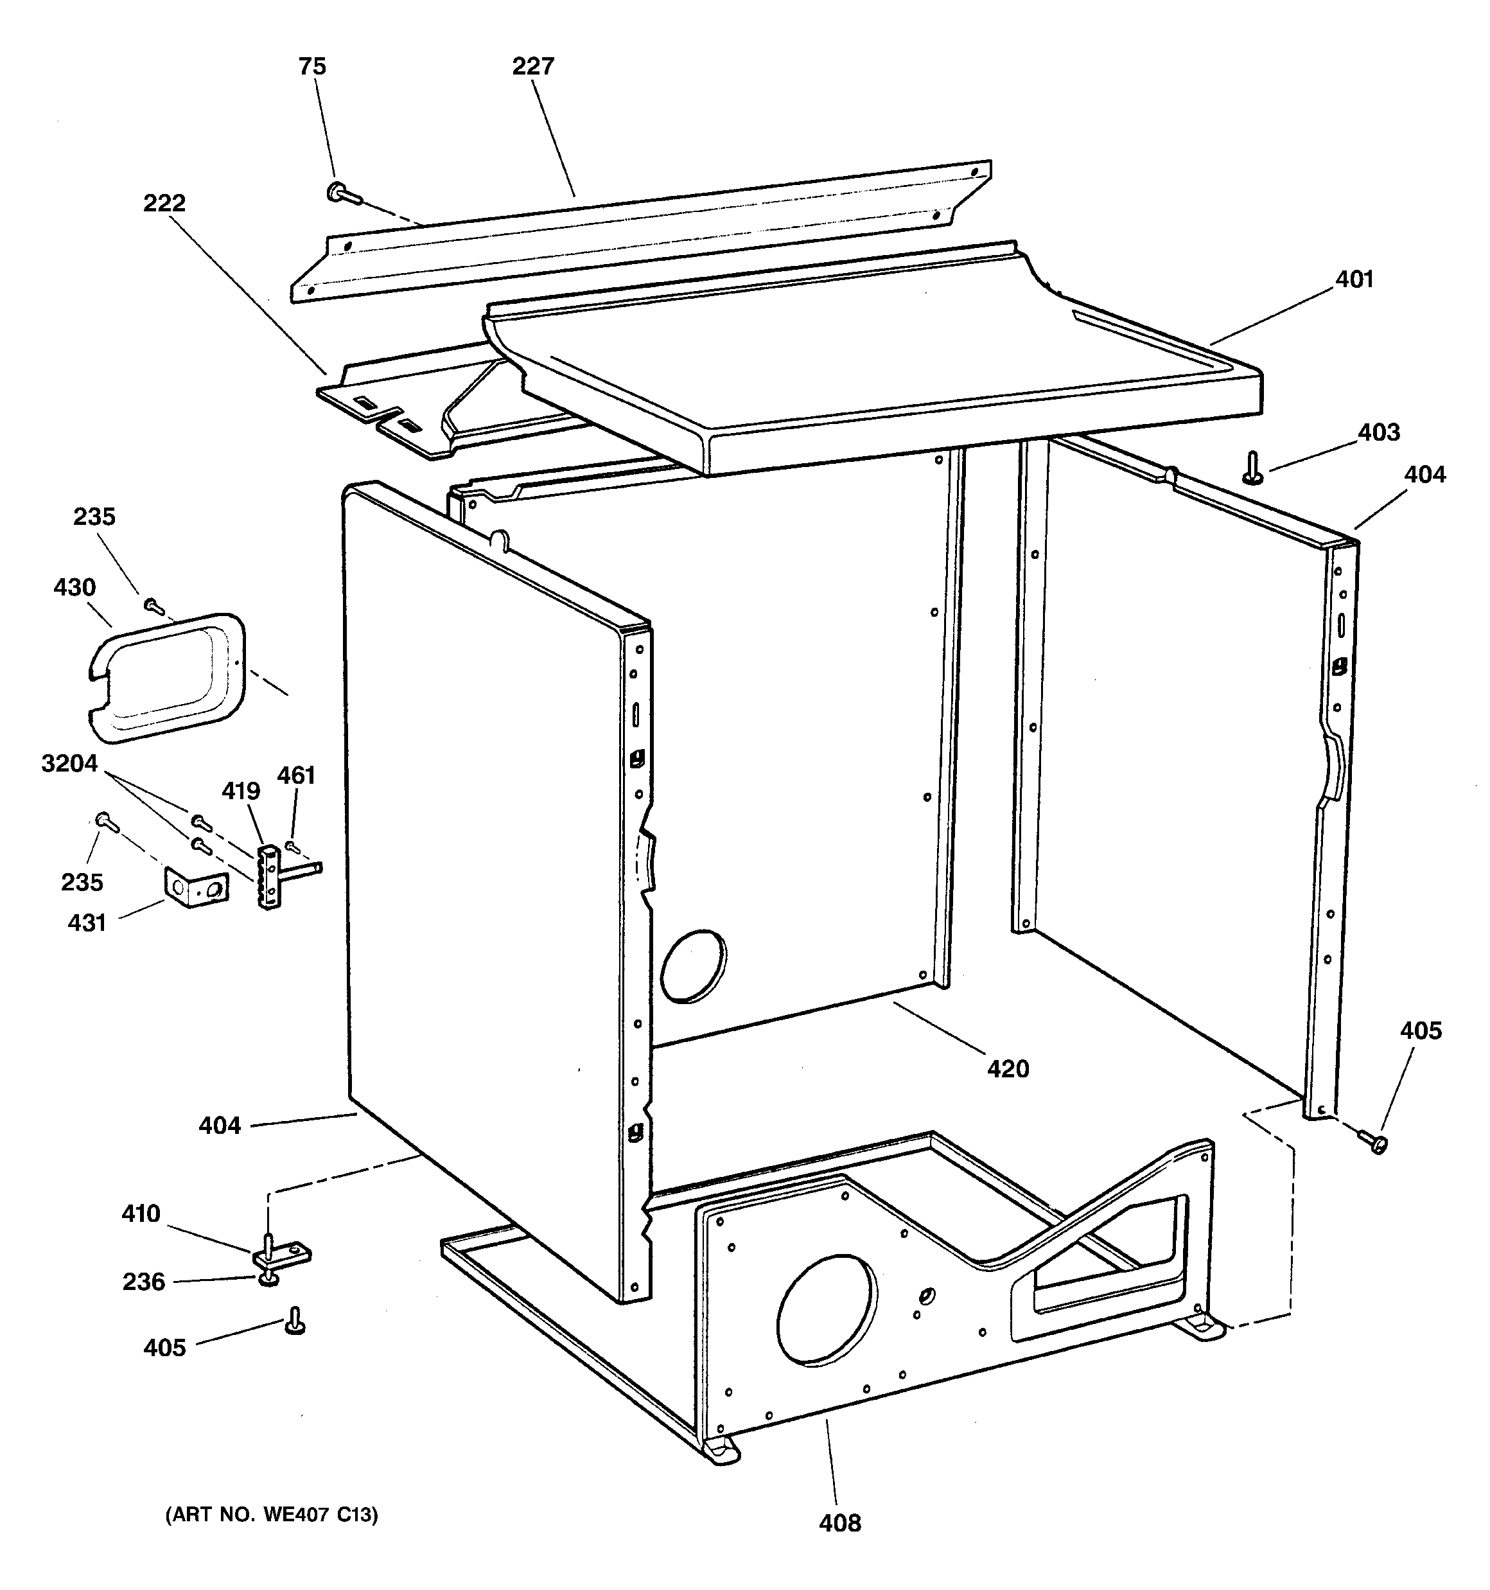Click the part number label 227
(x=532, y=66)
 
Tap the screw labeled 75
(x=342, y=193)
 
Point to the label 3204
(x=69, y=764)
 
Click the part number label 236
(x=143, y=1282)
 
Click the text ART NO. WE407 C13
(x=272, y=1514)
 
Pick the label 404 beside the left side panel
(x=219, y=1126)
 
